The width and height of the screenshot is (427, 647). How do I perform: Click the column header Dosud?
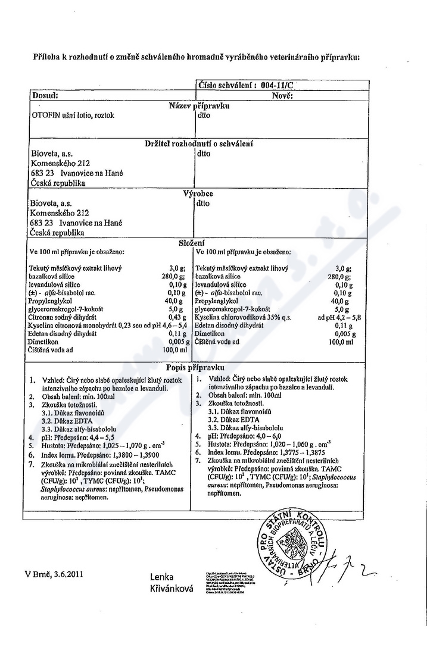point(45,95)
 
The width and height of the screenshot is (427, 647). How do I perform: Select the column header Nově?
point(281,95)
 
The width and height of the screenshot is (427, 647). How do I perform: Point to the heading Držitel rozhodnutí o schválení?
point(200,143)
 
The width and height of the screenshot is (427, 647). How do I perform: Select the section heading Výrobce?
point(198,193)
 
